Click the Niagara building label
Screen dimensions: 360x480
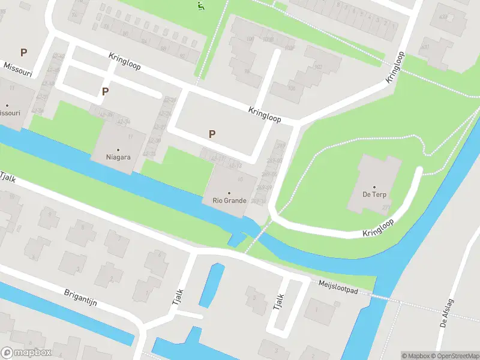click(118, 157)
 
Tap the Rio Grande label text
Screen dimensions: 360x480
click(229, 200)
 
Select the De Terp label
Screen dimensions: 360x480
click(374, 195)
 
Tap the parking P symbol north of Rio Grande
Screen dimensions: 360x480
click(211, 134)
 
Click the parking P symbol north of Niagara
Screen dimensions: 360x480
click(106, 92)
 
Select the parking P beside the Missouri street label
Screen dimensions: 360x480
click(24, 52)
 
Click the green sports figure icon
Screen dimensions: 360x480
click(200, 6)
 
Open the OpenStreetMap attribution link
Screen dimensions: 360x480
click(454, 356)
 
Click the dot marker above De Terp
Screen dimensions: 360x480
click(374, 187)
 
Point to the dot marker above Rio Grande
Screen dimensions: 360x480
click(229, 193)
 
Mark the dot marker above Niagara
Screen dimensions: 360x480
click(118, 149)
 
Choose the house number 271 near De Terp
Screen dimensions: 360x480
click(385, 208)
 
